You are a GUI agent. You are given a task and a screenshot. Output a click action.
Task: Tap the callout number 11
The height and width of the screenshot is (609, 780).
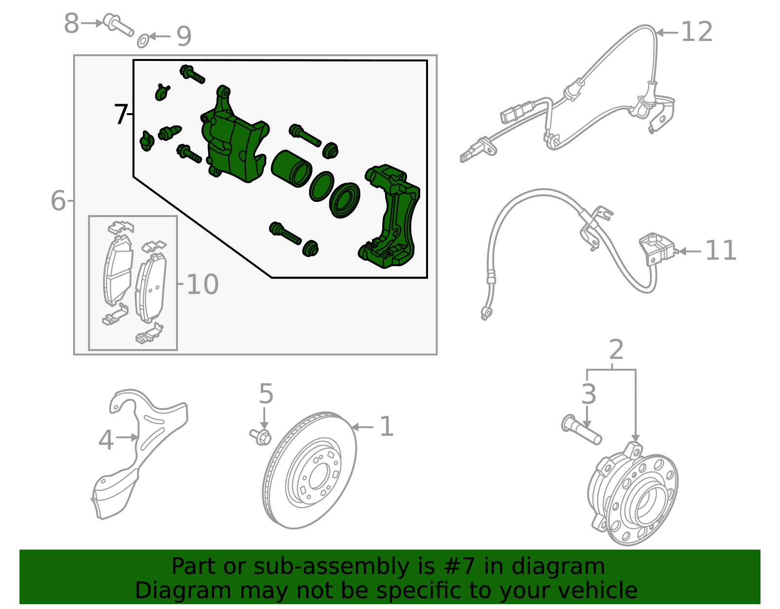coord(720,251)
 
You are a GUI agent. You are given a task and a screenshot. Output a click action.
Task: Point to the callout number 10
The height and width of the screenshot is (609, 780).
coord(202,284)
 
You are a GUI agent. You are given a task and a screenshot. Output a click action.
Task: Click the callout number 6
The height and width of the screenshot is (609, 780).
coord(58,200)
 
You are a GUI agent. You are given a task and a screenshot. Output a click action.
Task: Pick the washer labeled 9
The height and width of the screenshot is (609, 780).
coord(143,41)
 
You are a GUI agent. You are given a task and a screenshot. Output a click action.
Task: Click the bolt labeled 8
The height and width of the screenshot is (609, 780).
coord(118,25)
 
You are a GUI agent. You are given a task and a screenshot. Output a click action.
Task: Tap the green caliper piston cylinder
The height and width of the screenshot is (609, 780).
coord(291,169)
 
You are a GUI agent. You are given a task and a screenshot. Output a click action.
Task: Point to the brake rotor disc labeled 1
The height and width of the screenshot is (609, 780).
coord(310,471)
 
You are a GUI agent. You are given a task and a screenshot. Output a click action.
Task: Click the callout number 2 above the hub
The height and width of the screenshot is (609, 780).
coord(616,350)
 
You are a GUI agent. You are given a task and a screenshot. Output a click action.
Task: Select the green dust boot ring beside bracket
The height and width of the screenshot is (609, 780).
coord(344,200)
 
